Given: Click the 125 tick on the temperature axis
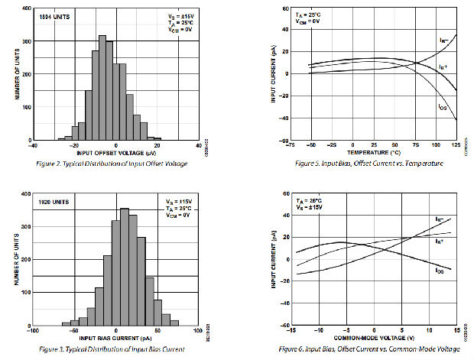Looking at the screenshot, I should click(457, 144).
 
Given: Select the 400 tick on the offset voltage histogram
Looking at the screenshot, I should click(24, 8).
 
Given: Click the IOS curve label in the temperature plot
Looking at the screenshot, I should click(443, 107).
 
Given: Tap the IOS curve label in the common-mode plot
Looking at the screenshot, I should click(440, 271).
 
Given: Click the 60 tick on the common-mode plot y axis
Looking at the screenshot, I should click(287, 194).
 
